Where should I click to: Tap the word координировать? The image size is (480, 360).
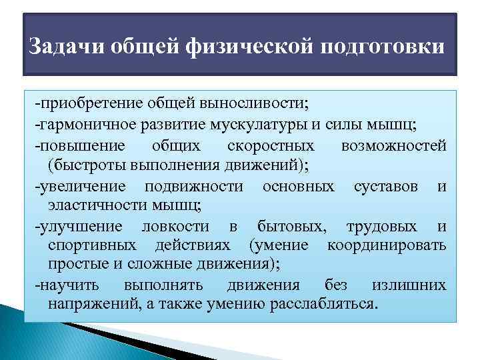tap(387, 245)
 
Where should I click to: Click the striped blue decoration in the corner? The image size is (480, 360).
tap(40, 333)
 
